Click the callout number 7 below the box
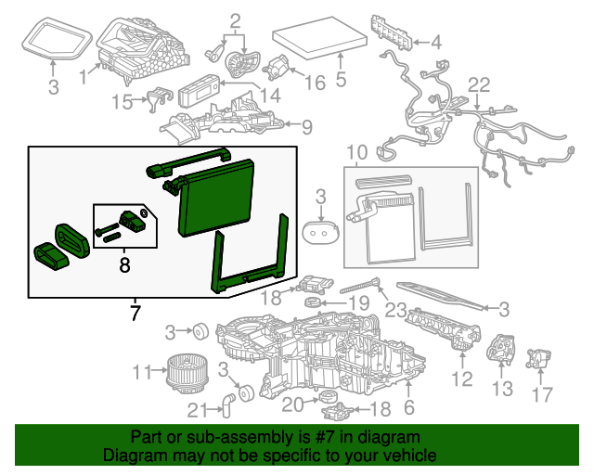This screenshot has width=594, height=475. coord(136,313)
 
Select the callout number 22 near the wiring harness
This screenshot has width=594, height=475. coord(477,85)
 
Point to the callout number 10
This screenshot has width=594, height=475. coord(357,152)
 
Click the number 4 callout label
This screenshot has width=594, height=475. coord(435,41)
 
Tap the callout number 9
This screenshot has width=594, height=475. coord(306,126)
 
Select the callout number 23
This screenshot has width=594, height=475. coord(396,311)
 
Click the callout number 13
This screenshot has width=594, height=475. coord(501,388)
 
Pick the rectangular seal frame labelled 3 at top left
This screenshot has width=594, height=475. coord(54,38)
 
